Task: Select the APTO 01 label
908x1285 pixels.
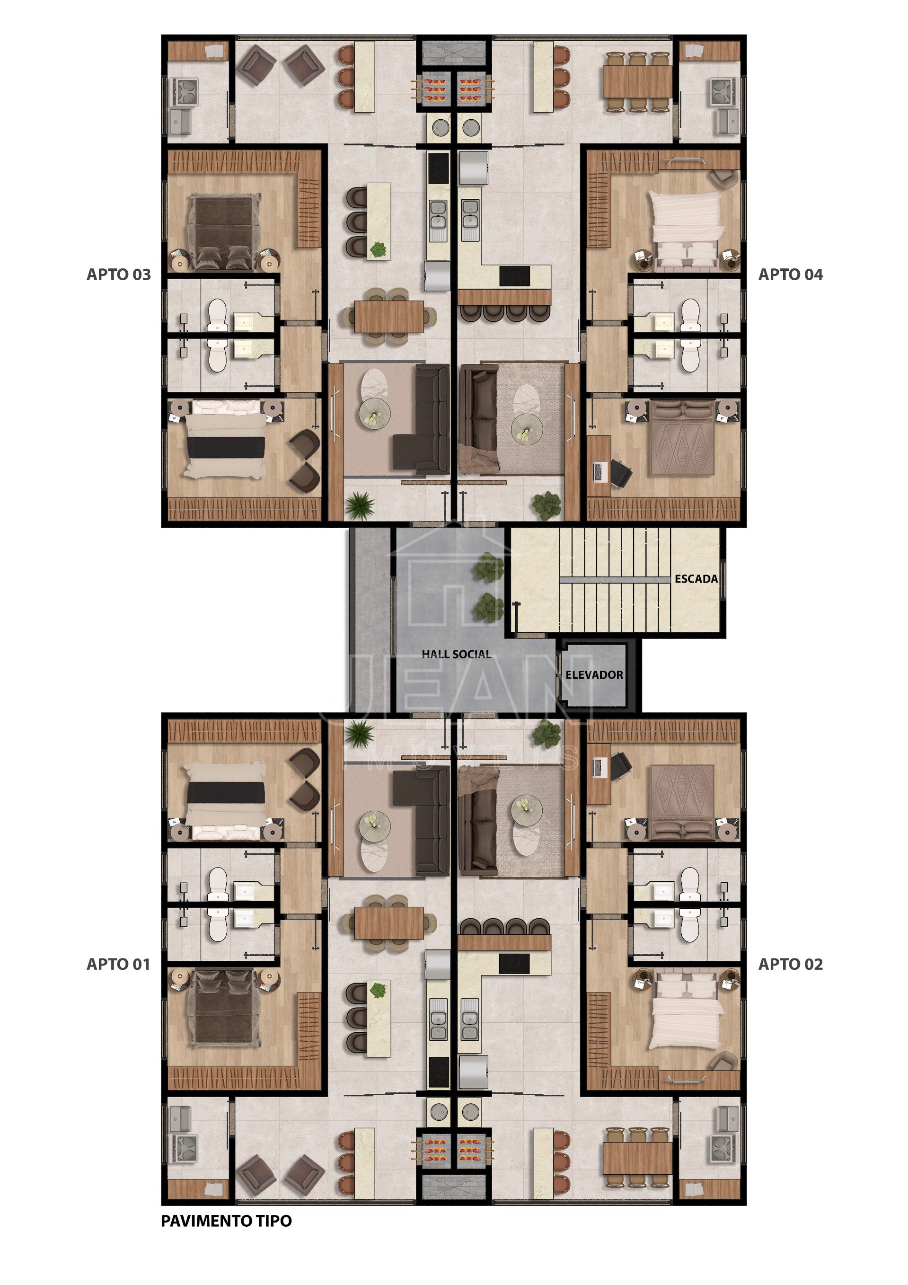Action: [119, 964]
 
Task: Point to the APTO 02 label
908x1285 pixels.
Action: [791, 964]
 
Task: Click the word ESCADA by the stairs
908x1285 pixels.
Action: [696, 579]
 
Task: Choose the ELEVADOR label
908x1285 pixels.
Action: [594, 675]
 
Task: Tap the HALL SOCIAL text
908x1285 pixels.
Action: [456, 654]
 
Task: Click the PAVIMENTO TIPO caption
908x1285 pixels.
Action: [227, 1221]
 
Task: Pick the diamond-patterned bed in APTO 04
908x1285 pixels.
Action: [682, 438]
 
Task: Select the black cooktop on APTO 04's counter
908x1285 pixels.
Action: [515, 275]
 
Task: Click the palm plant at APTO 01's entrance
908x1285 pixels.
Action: [359, 734]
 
